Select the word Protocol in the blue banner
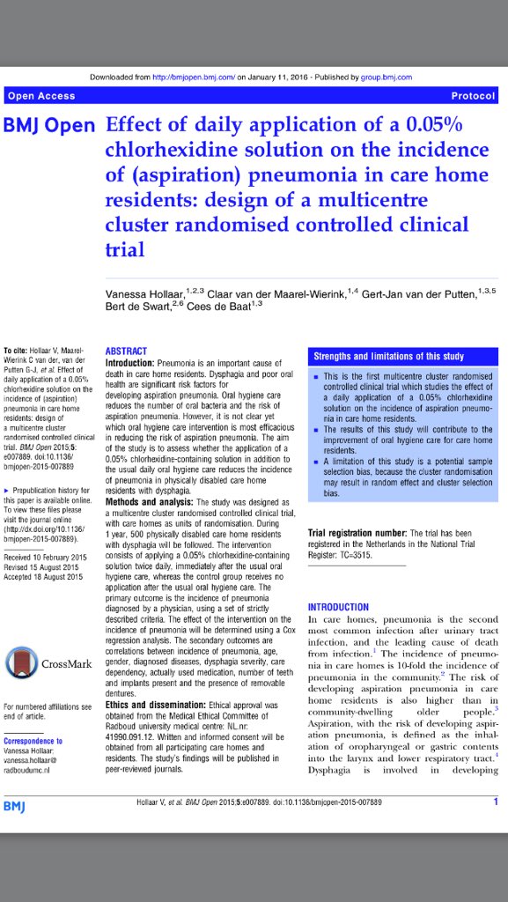473,95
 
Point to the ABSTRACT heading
126,350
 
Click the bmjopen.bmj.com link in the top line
199,76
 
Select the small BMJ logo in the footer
14,805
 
